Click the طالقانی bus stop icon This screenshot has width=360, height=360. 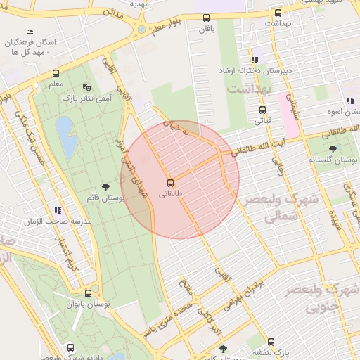170,181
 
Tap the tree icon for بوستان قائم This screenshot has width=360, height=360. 105,187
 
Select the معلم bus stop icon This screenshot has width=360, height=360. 56,73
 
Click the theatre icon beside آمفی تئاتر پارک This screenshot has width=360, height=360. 86,87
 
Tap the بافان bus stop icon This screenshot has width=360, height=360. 206,18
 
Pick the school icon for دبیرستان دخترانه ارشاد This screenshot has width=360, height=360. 254,60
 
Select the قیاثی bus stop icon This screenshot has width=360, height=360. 262,110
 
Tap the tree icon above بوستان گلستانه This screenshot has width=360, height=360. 333,148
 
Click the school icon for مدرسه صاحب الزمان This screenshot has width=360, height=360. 58,210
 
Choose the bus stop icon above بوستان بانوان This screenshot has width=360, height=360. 87,293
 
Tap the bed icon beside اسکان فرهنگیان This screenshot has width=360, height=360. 29,32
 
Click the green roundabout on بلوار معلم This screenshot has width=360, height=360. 141,30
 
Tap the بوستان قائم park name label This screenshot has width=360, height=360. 105,199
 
